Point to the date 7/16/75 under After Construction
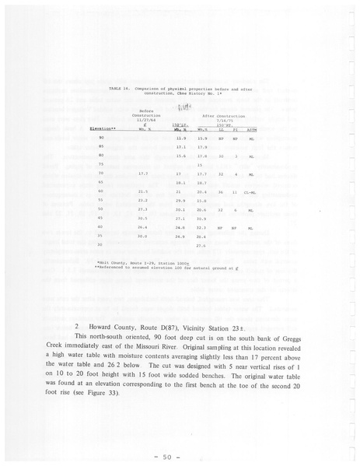[225, 121]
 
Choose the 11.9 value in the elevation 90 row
[183, 138]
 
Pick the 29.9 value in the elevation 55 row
[182, 201]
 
